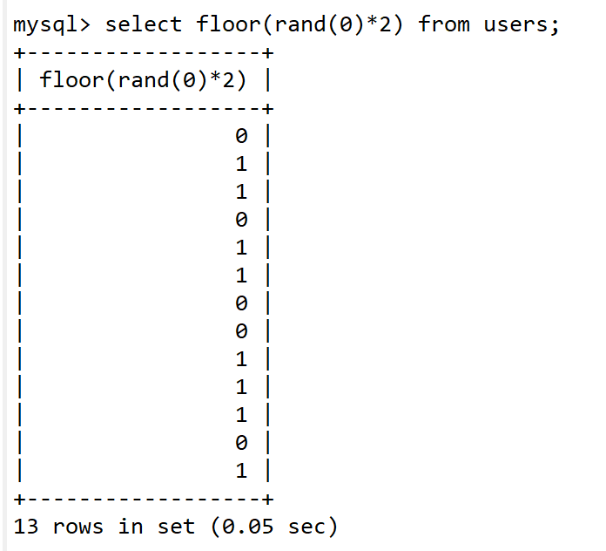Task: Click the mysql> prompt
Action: (51, 24)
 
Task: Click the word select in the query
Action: (144, 24)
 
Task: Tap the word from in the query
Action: (444, 24)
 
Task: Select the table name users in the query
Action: (515, 25)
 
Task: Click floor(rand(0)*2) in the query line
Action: (300, 24)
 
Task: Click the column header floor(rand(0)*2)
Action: (143, 80)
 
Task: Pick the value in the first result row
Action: (241, 136)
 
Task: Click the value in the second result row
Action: (241, 164)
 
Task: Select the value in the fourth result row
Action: (241, 220)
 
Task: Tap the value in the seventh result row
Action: (241, 303)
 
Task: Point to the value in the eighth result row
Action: (241, 330)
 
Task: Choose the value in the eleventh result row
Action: (241, 415)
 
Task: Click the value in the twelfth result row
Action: (241, 443)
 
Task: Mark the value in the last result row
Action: (241, 471)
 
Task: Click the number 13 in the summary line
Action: (26, 527)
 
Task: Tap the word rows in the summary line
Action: (78, 527)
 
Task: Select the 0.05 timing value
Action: (247, 527)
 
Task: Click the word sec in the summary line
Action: (306, 527)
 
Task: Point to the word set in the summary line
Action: (176, 527)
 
